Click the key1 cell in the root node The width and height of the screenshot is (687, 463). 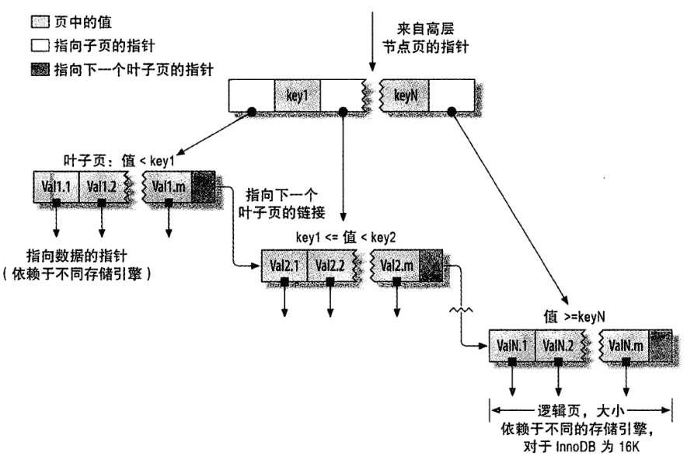[x=298, y=98]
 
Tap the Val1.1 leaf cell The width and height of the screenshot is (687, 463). [x=56, y=186]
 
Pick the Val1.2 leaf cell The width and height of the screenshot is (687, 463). [x=102, y=186]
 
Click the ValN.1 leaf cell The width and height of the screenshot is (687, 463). [x=512, y=344]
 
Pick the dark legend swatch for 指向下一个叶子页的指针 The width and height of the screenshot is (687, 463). [x=39, y=70]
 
